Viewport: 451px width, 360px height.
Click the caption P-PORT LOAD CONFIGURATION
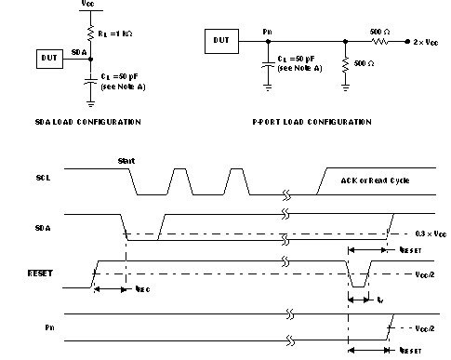click(312, 122)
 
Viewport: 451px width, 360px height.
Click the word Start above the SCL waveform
click(126, 160)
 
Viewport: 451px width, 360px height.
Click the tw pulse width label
click(380, 300)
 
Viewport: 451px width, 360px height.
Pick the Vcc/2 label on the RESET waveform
click(423, 275)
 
